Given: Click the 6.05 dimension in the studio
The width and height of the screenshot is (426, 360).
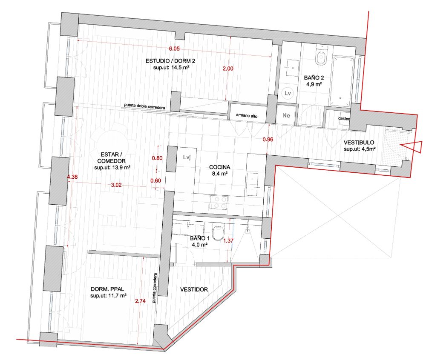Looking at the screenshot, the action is coord(174,49).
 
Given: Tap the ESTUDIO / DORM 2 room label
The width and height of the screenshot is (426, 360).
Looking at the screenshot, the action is coord(170,61).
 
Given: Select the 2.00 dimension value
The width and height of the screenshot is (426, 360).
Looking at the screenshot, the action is coord(228,69).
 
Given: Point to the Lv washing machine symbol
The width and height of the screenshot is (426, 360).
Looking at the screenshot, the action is coord(288,93).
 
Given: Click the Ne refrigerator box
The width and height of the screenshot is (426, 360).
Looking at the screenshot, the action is coord(286,115).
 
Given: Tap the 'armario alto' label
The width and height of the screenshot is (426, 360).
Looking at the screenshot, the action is coord(247,115).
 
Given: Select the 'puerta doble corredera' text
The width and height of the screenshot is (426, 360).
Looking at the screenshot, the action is coord(144,106).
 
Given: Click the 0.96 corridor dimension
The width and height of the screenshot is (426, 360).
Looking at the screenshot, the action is coord(268,140).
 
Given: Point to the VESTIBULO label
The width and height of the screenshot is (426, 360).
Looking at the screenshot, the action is coord(359,143).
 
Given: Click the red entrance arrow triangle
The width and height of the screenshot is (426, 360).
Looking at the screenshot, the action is coord(412,147).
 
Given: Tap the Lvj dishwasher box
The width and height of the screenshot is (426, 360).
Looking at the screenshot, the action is coord(187,157).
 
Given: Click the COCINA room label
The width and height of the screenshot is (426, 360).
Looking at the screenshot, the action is coord(220,167).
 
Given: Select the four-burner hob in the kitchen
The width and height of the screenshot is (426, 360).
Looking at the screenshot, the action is coord(219,202).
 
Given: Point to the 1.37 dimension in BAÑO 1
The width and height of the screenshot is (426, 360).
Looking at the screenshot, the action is coord(228,240).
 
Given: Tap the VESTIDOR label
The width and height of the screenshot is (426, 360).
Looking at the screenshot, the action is coord(194,289).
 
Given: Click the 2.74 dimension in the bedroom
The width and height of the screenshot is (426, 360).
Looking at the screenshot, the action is coord(140,301).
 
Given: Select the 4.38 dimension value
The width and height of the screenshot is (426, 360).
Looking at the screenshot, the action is coord(72,177).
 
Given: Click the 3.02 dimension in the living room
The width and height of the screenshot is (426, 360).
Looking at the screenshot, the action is coord(116,185).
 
